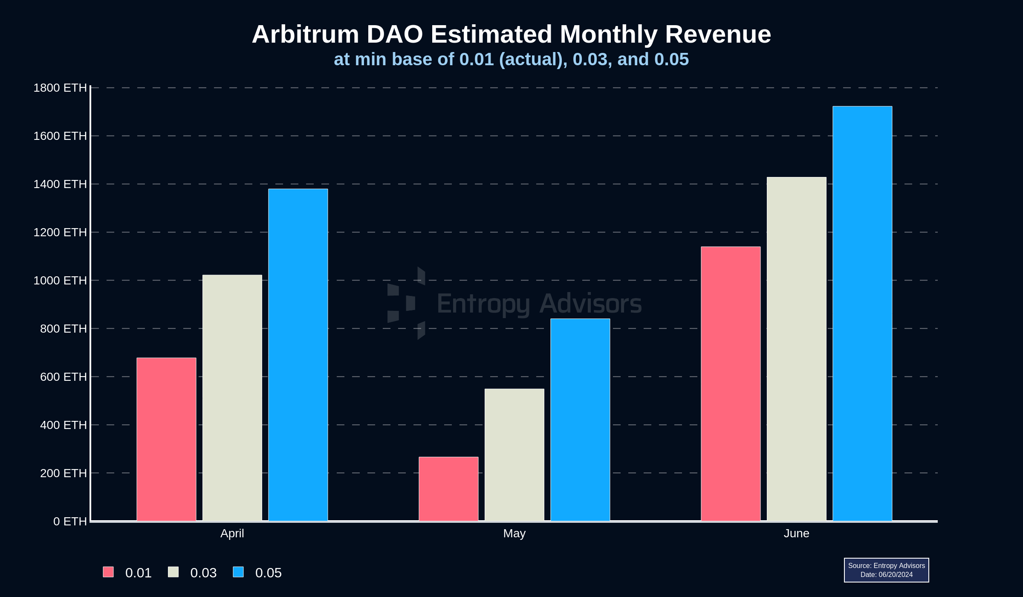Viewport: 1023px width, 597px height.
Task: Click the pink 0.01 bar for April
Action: [166, 439]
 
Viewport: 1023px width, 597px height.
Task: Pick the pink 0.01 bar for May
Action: [448, 489]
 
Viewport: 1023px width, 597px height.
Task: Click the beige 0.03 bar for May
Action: [514, 455]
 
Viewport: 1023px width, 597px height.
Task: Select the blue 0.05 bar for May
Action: [580, 420]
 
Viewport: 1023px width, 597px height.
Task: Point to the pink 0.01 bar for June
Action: [731, 384]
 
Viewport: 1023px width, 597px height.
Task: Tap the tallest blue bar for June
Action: [862, 313]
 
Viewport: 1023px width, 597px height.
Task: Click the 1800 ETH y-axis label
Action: [60, 88]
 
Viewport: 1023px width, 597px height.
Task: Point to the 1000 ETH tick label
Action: [60, 281]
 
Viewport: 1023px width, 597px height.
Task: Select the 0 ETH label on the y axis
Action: [70, 522]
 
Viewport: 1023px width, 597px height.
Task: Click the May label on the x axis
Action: [514, 533]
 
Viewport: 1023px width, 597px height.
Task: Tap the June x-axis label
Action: [796, 533]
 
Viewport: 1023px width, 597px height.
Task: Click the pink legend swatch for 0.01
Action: [108, 572]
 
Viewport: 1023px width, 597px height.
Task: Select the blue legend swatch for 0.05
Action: [238, 572]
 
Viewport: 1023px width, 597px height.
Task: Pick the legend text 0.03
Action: [203, 573]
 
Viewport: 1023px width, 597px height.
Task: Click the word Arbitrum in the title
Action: [305, 34]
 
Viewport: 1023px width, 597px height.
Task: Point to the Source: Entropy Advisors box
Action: [886, 570]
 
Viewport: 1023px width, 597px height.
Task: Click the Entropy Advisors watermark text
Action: [539, 304]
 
